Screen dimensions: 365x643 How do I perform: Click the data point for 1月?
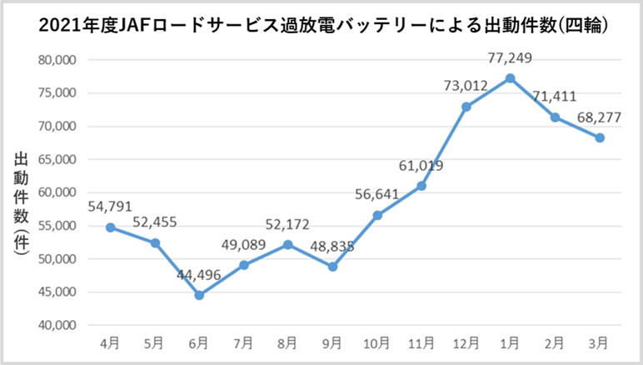(511, 78)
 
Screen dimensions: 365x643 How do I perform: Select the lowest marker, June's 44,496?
(199, 295)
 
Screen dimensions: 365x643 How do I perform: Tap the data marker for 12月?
(466, 107)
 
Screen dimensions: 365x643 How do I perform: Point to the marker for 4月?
(110, 227)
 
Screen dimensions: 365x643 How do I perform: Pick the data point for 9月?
(332, 267)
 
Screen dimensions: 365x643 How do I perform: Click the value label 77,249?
(511, 58)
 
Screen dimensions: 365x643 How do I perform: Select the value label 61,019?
(421, 166)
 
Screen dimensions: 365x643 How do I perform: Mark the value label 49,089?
(244, 246)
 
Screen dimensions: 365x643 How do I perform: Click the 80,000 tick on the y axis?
(57, 60)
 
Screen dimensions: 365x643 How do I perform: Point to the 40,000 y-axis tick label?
(57, 326)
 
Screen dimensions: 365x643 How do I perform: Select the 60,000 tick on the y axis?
(57, 192)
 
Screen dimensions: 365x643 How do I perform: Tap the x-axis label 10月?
(376, 342)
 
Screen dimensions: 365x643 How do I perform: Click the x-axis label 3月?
(600, 342)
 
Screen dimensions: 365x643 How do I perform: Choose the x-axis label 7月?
(243, 342)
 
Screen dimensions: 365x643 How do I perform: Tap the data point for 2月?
(556, 117)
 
